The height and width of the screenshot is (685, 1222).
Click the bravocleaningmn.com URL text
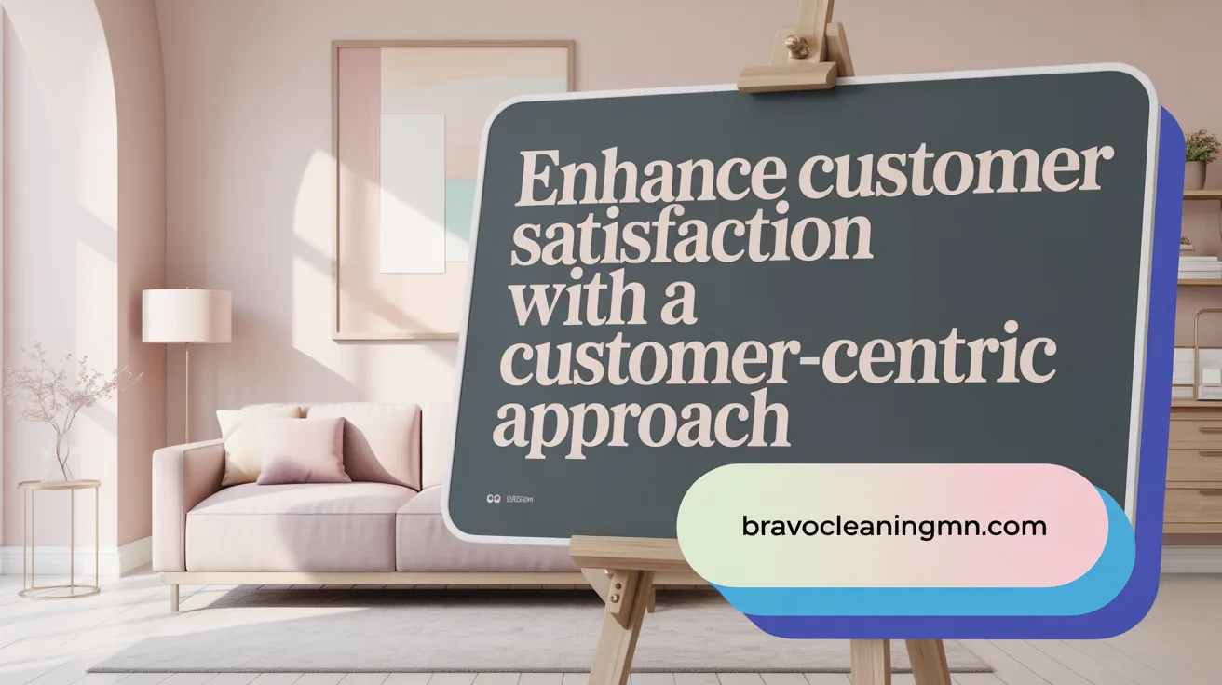(894, 526)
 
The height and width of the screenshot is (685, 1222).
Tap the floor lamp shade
(186, 316)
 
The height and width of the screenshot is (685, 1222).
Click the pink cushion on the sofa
(304, 450)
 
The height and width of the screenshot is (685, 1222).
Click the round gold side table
(60, 535)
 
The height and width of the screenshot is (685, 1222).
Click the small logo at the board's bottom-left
(494, 499)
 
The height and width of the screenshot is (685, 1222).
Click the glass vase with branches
(61, 456)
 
